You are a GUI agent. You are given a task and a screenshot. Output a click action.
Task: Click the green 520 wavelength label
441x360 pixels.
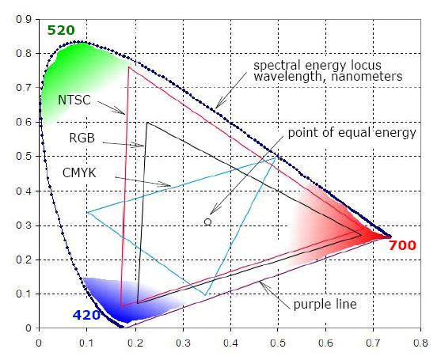pyautogui.click(x=61, y=30)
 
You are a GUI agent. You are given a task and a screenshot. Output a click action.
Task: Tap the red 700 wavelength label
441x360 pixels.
pyautogui.click(x=402, y=246)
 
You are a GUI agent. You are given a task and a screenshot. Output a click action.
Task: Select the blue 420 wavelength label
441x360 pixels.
pyautogui.click(x=86, y=315)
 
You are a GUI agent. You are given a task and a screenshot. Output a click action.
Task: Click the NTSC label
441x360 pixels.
pyautogui.click(x=74, y=100)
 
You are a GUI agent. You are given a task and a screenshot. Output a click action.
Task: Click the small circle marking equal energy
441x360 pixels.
pyautogui.click(x=207, y=222)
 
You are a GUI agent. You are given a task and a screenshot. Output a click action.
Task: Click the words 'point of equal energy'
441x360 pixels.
pyautogui.click(x=352, y=133)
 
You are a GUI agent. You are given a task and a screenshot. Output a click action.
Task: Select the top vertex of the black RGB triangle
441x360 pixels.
pyautogui.click(x=147, y=122)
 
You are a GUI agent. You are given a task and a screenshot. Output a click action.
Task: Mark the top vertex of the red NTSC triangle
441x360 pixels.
pyautogui.click(x=129, y=66)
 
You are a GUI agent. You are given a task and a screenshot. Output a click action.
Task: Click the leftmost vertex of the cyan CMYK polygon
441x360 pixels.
pyautogui.click(x=88, y=212)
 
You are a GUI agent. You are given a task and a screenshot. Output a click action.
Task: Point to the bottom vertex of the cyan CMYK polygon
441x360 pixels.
pyautogui.click(x=206, y=295)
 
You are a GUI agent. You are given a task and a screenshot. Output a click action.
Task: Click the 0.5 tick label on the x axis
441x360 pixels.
pyautogui.click(x=278, y=344)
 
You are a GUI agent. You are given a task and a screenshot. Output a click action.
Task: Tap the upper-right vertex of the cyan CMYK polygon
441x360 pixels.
pyautogui.click(x=276, y=157)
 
